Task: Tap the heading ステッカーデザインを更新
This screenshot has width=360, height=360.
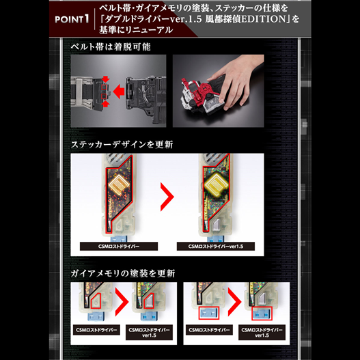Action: tap(122, 145)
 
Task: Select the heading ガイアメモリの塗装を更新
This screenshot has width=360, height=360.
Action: tap(122, 273)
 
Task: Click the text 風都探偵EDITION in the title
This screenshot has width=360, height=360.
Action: tap(253, 19)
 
